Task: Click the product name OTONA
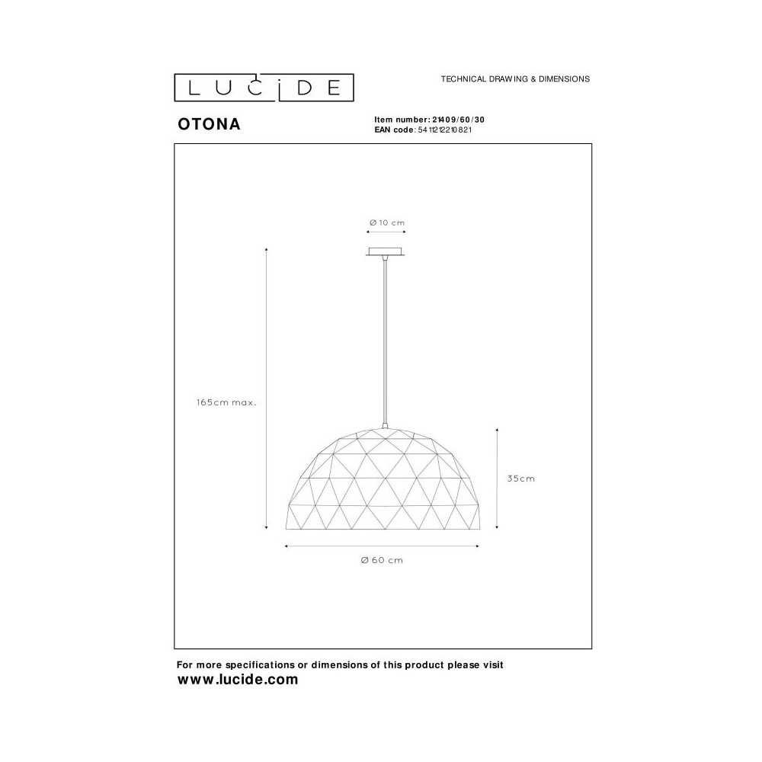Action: coord(210,124)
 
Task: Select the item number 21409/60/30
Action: coord(458,120)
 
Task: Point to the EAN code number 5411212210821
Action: coord(445,130)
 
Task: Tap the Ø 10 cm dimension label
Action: coord(387,223)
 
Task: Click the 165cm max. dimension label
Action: coord(226,402)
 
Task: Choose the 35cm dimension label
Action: coord(521,479)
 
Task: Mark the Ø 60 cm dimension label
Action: coord(382,560)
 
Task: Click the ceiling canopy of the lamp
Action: coord(386,251)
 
